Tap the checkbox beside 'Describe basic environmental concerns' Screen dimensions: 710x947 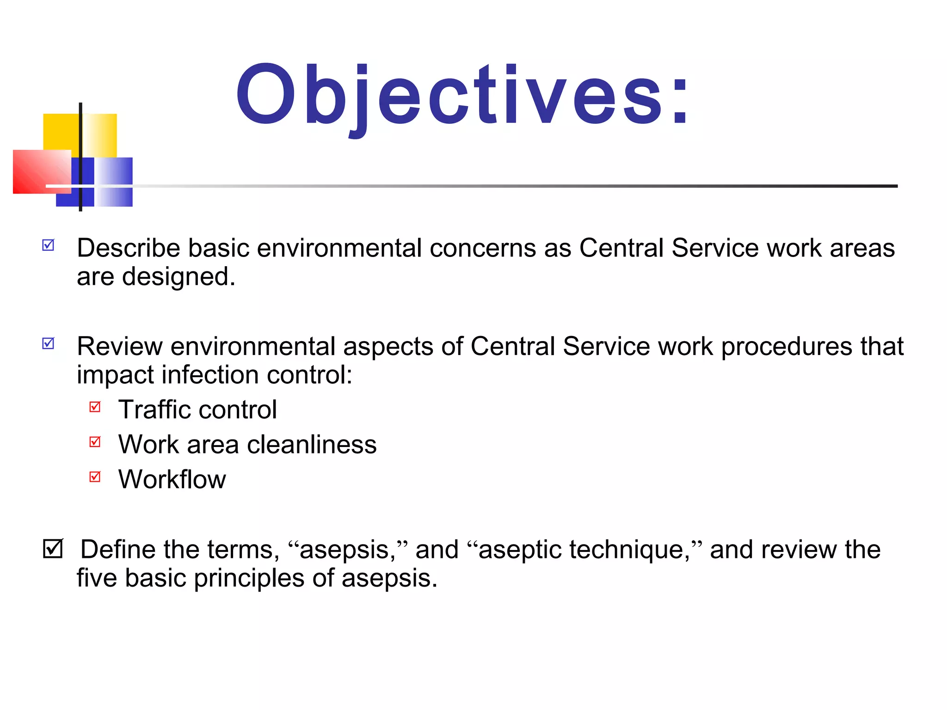pos(49,245)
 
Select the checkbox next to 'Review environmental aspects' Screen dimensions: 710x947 pos(49,343)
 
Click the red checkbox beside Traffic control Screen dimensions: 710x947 pos(95,406)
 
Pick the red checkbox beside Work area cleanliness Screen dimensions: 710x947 pos(95,441)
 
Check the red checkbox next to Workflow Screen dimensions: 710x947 pos(95,476)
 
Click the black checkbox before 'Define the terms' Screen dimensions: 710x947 pos(53,548)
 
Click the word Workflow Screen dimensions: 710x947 pos(172,479)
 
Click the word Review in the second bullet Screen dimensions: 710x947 pos(120,346)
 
